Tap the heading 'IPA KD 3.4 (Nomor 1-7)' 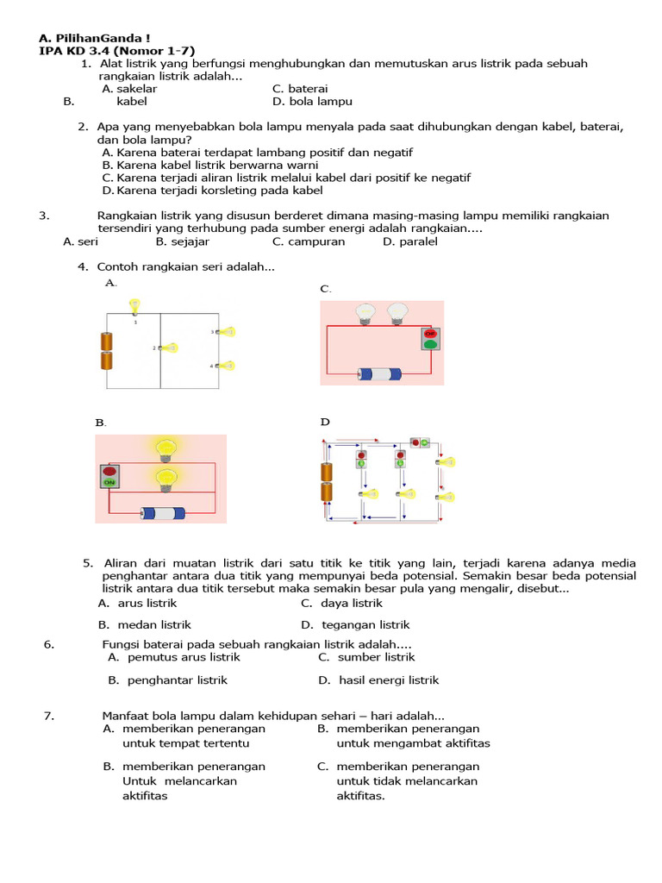click(117, 51)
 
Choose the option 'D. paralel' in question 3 click(410, 241)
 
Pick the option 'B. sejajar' click(184, 241)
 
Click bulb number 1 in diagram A click(134, 306)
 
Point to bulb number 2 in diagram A click(170, 348)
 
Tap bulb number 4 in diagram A click(227, 366)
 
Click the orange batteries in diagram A click(108, 351)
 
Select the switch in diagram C click(430, 339)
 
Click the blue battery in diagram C click(380, 374)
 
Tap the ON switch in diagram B click(109, 477)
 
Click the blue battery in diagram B click(164, 513)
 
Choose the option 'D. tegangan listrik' click(355, 624)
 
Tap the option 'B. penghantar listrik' click(167, 679)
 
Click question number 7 click(49, 715)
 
